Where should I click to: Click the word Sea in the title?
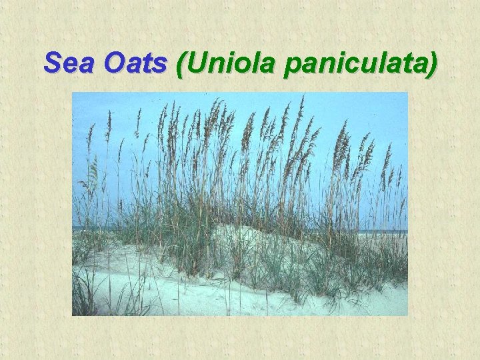tap(67, 63)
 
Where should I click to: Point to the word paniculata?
tap(354, 65)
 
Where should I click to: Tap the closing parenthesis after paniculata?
tap(433, 65)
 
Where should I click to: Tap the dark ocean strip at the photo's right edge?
tap(397, 231)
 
